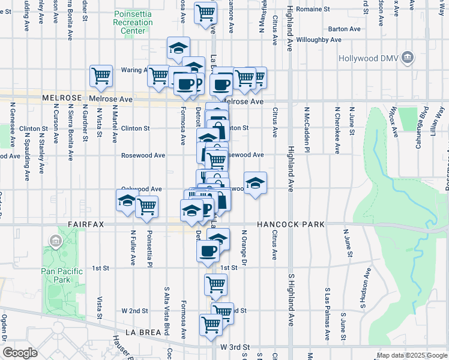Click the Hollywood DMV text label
pyautogui.click(x=366, y=58)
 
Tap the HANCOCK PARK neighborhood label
pyautogui.click(x=291, y=224)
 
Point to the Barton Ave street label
pyautogui.click(x=345, y=28)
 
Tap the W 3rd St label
pyautogui.click(x=235, y=347)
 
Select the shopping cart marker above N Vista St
pyautogui.click(x=101, y=76)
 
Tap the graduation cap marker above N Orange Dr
pyautogui.click(x=255, y=183)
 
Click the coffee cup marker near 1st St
pyautogui.click(x=208, y=251)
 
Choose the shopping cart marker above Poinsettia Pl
pyautogui.click(x=146, y=207)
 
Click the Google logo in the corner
pyautogui.click(x=19, y=353)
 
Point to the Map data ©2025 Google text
pyautogui.click(x=411, y=356)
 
